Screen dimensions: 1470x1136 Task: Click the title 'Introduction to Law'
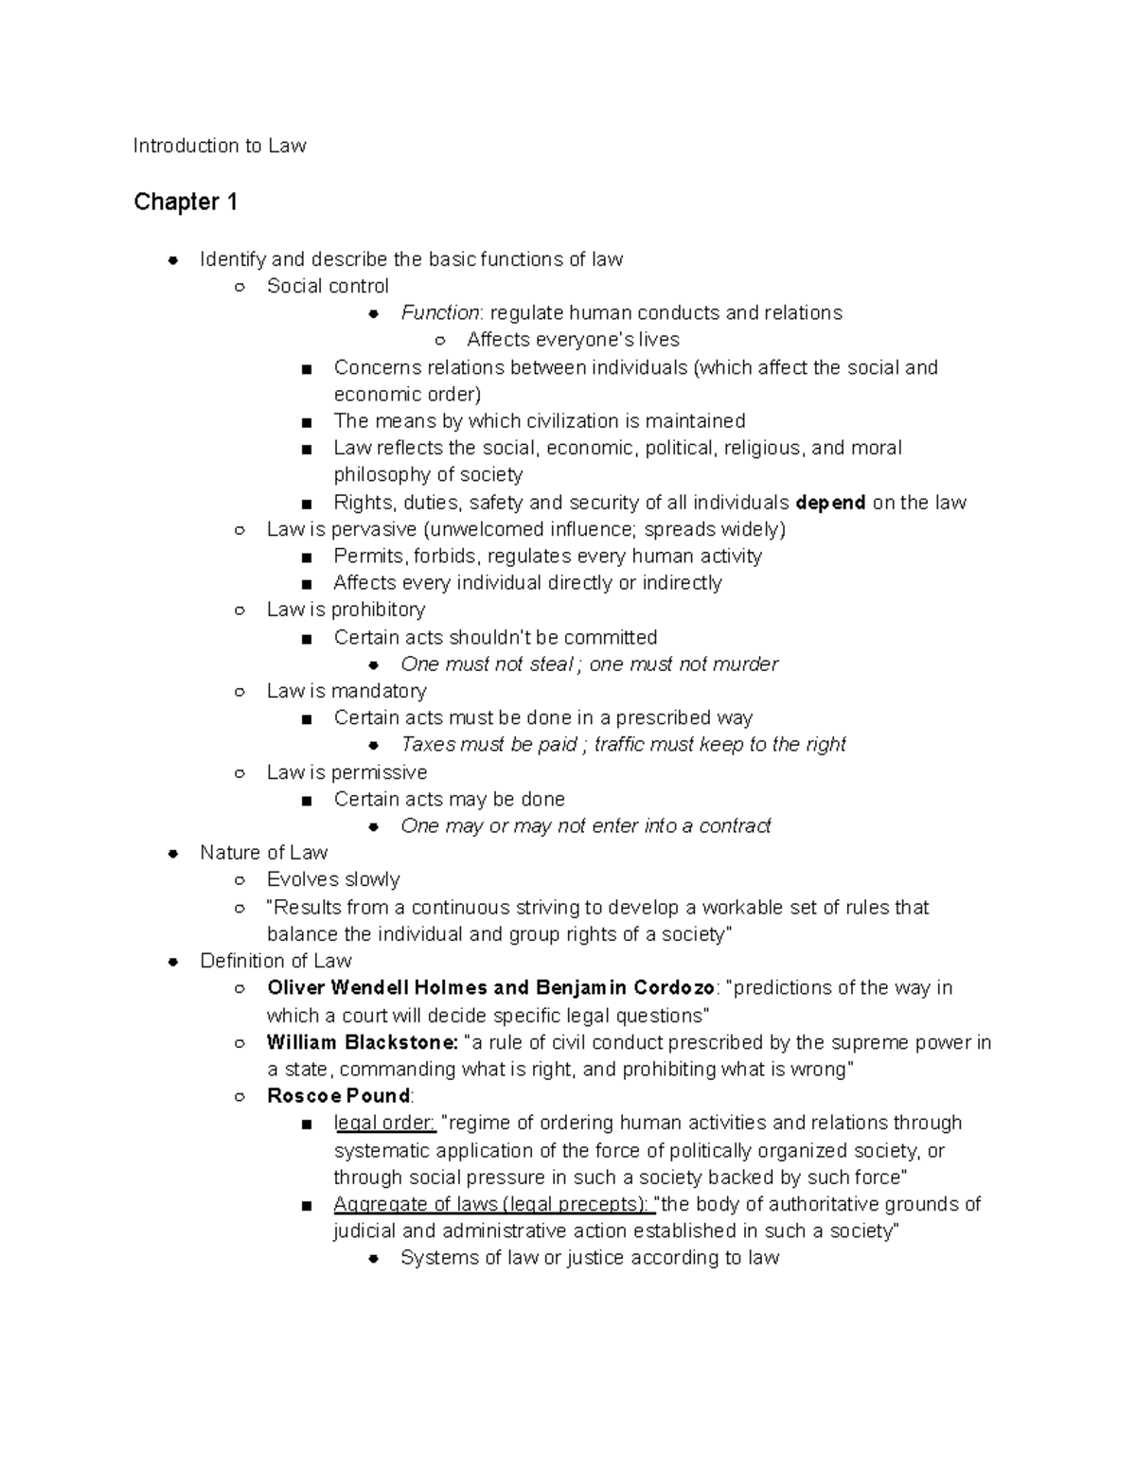point(220,146)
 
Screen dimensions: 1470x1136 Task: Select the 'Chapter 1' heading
point(186,202)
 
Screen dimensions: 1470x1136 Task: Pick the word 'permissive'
point(379,772)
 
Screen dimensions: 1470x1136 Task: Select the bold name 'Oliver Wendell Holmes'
point(378,988)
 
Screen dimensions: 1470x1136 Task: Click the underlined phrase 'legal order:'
point(384,1124)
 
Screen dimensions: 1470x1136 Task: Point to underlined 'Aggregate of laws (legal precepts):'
point(493,1204)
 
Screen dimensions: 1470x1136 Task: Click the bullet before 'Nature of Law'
point(173,854)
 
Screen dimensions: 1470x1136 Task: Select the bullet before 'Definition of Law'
point(173,962)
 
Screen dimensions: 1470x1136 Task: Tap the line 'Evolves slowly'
point(333,880)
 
